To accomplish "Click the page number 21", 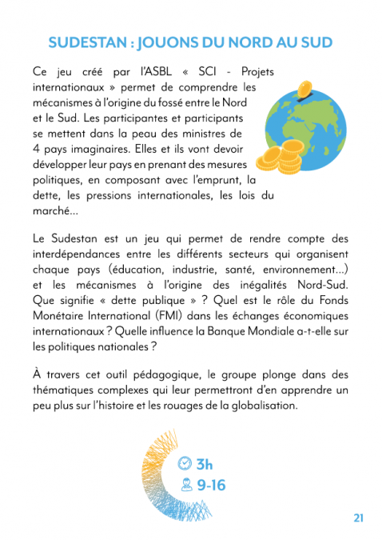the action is point(358,518).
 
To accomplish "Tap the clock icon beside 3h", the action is point(185,464).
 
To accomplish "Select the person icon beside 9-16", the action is point(185,484).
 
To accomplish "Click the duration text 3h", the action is point(205,464).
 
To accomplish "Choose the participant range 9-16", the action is point(212,485).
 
